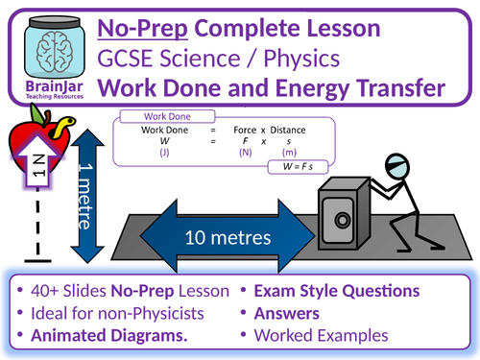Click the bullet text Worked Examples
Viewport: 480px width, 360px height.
click(336, 336)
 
